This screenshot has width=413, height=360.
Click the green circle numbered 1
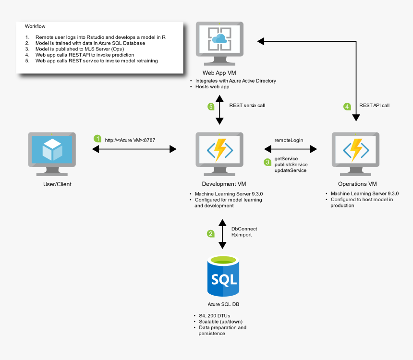point(97,138)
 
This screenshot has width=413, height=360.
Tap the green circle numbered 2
point(210,234)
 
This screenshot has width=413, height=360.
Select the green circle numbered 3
point(267,162)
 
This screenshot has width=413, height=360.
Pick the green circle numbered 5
point(210,107)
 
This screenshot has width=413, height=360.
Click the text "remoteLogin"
point(289,140)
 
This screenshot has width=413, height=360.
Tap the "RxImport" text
point(241,235)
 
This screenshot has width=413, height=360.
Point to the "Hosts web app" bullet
point(212,87)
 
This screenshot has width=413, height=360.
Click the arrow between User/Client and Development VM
point(134,150)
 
